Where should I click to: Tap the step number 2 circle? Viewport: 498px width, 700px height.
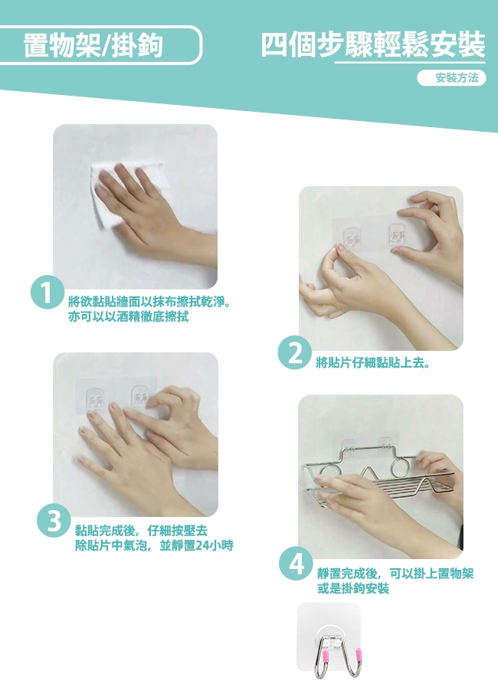[294, 352]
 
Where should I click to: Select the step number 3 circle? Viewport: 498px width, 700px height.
[54, 521]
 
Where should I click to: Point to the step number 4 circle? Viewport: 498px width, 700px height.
[296, 563]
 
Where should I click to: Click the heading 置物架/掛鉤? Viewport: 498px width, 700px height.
[93, 45]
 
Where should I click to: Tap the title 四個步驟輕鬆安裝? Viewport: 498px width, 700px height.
[373, 44]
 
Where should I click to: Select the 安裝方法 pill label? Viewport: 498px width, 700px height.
[451, 78]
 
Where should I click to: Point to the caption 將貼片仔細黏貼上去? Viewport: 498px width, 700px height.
[373, 363]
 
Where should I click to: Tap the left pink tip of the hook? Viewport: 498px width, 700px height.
[325, 656]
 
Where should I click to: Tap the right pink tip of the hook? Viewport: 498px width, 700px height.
[358, 655]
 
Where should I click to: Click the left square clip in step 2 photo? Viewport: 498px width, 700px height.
[352, 237]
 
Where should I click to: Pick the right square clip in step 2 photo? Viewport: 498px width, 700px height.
[397, 234]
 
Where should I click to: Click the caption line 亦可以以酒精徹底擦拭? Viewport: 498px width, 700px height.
[129, 316]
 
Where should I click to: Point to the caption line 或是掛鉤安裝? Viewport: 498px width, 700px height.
[353, 588]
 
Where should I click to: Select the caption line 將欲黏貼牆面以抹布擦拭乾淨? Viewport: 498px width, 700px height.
[149, 303]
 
